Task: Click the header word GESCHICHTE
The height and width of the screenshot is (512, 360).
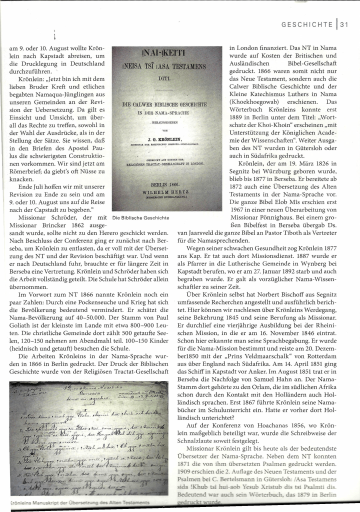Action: tap(307, 24)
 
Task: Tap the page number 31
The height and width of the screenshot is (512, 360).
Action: tap(345, 24)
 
